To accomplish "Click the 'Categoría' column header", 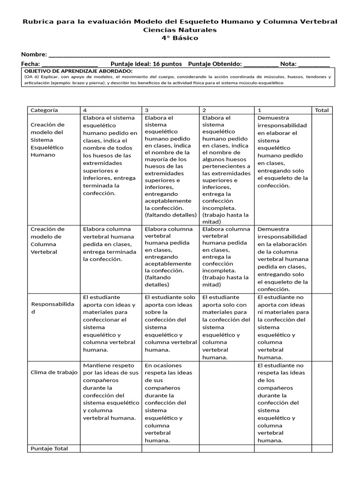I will coord(45,110).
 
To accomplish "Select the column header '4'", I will coord(85,110).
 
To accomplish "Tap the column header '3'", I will coord(147,110).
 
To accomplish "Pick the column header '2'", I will coord(204,110).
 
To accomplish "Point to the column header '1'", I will coord(260,110).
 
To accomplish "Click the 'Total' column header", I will coord(322,110).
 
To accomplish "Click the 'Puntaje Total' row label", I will coord(49,449).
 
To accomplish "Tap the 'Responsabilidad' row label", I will coord(52,308).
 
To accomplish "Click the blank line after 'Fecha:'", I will coord(70,64).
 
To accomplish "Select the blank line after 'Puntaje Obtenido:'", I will coord(261,64).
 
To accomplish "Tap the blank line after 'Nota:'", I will coord(314,64).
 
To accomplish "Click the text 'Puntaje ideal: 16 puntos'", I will coord(146,64).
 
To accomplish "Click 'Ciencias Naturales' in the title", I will coord(180,30).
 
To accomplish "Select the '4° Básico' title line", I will coord(180,38).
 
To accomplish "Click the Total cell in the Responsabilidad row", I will coord(322,327).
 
